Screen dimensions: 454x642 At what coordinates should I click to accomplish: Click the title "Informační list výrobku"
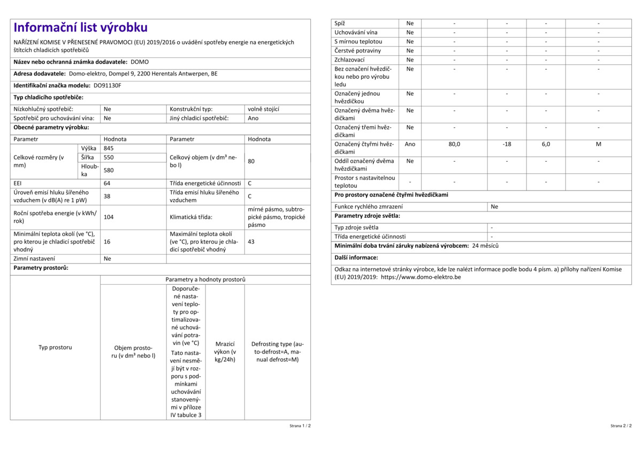point(80,28)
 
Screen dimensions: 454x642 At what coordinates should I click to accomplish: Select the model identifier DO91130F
point(108,85)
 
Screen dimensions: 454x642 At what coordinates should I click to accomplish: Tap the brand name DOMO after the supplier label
point(140,62)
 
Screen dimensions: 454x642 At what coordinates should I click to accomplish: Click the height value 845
point(109,148)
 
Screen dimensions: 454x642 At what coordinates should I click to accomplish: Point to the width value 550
point(109,157)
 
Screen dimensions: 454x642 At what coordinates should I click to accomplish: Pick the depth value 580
point(109,170)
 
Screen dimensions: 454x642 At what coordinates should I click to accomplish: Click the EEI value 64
point(107,183)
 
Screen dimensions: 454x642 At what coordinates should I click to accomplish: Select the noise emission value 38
point(107,196)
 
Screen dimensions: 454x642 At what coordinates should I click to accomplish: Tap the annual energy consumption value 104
point(109,217)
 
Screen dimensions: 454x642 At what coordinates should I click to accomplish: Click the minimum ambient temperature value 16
point(107,241)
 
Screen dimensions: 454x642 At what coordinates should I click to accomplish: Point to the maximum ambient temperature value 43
point(251,241)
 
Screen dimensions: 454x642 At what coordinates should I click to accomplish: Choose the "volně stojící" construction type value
point(264,109)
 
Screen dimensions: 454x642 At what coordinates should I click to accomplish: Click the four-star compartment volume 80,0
point(454,144)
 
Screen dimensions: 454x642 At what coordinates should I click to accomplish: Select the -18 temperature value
point(507,144)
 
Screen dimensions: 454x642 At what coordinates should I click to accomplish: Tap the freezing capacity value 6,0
point(546,144)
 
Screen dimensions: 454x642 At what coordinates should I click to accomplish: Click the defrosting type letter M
point(599,144)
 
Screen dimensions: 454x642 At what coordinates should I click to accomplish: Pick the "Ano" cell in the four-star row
point(410,144)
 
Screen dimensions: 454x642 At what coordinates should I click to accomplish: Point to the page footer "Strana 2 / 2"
point(621,426)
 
